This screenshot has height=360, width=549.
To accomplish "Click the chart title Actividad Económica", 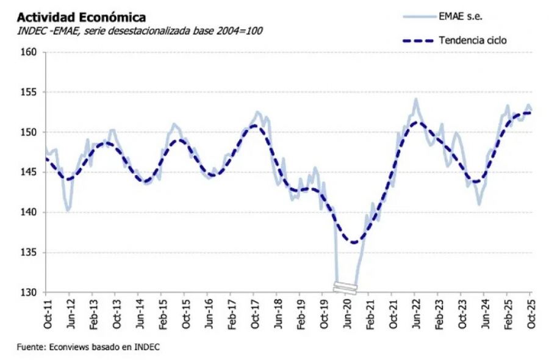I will (x=77, y=16).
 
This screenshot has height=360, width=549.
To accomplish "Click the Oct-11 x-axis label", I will (x=46, y=312).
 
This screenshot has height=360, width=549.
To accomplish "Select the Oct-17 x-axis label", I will (x=254, y=312).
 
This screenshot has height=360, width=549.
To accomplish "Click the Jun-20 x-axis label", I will (x=346, y=312).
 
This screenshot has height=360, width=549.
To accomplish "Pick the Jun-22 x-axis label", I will (x=415, y=312).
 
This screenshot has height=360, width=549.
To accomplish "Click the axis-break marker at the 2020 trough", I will (x=345, y=286).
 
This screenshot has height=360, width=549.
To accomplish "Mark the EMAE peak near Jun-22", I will (x=416, y=99).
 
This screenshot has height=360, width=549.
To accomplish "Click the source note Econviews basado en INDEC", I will (x=89, y=347).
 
